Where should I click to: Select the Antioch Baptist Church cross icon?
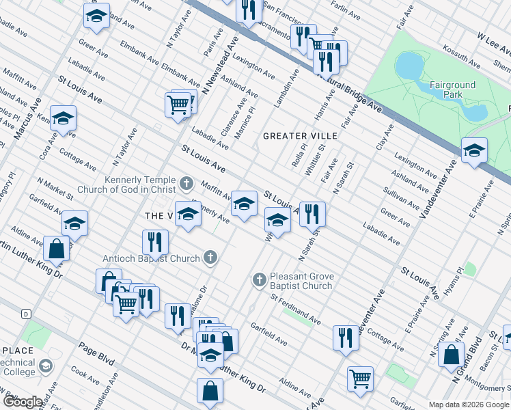coord(211,258)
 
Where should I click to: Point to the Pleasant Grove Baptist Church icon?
coord(259,280)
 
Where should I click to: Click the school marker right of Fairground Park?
coord(474,150)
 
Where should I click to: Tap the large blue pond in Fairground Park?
coord(410,66)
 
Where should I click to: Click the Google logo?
coord(22,402)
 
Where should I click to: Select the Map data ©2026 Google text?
coord(469,405)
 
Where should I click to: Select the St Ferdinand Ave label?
coord(295,309)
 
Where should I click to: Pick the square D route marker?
coord(26,314)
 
